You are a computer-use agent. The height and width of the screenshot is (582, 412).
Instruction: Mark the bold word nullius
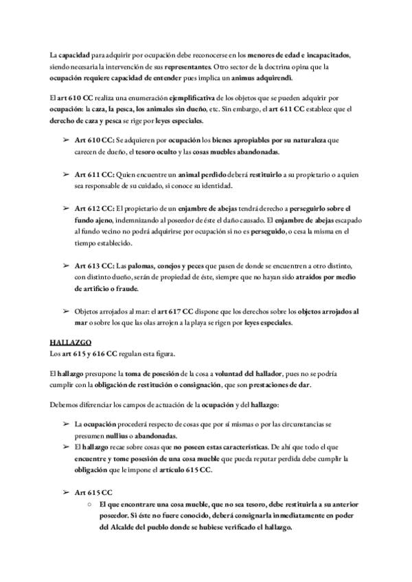[118, 436]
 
